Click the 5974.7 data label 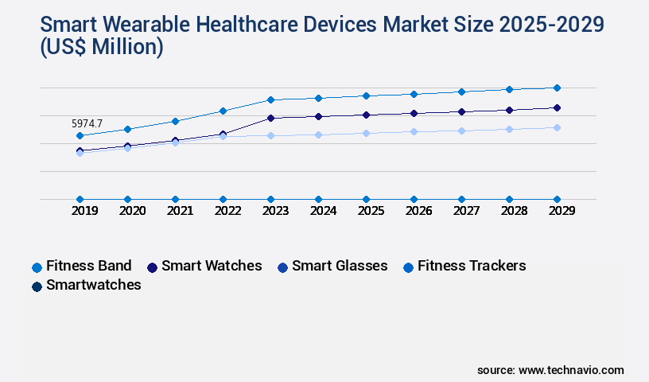tap(87, 123)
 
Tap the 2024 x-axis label tap(323, 212)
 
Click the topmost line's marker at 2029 tap(557, 88)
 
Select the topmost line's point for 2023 tap(270, 99)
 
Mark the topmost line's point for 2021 tap(175, 121)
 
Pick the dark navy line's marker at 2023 tap(270, 118)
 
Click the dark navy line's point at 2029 tap(557, 107)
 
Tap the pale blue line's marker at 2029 tap(557, 127)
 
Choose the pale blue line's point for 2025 tap(366, 133)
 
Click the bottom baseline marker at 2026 tap(414, 199)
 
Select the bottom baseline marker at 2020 tap(127, 199)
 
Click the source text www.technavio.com tap(570, 370)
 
